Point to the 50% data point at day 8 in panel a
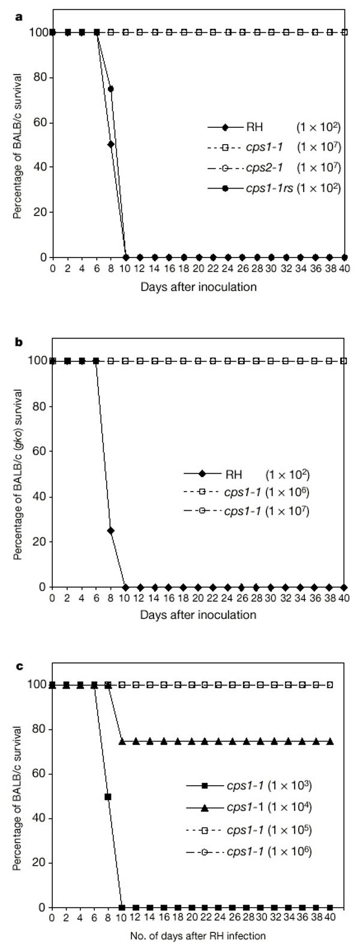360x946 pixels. pos(111,145)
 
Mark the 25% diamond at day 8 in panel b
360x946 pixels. pos(110,531)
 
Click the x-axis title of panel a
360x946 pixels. pos(199,286)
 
